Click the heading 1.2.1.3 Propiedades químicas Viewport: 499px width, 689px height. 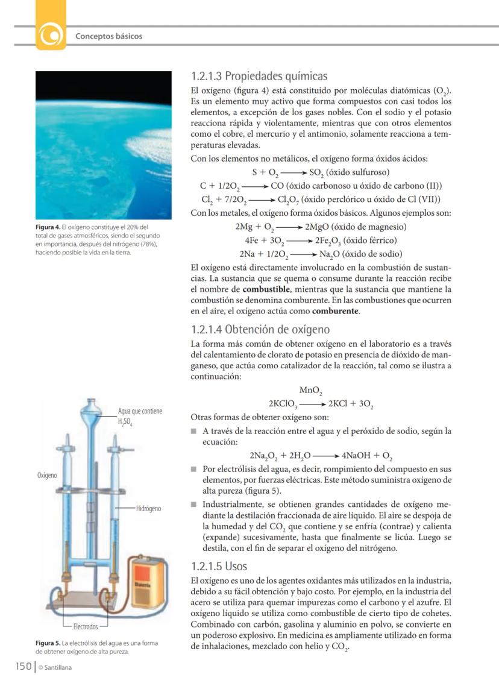pos(259,77)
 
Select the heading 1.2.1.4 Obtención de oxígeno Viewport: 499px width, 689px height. pos(260,330)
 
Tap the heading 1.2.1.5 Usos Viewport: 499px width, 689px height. pos(219,567)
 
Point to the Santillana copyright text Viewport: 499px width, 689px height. pos(55,667)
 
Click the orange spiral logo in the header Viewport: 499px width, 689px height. pos(51,36)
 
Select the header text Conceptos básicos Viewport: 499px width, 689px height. pos(108,36)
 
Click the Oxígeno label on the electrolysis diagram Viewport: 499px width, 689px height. pos(47,475)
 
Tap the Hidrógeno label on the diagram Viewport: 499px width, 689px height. pos(148,509)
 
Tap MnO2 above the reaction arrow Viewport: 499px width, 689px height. pos(311,391)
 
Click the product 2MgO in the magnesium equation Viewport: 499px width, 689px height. pos(319,227)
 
